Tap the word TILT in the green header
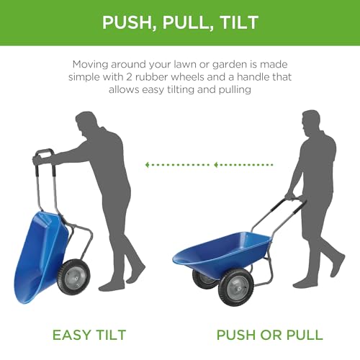(238, 22)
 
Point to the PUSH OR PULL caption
(269, 335)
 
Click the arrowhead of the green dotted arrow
(148, 165)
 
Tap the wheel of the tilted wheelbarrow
(74, 277)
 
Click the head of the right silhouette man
(311, 121)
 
